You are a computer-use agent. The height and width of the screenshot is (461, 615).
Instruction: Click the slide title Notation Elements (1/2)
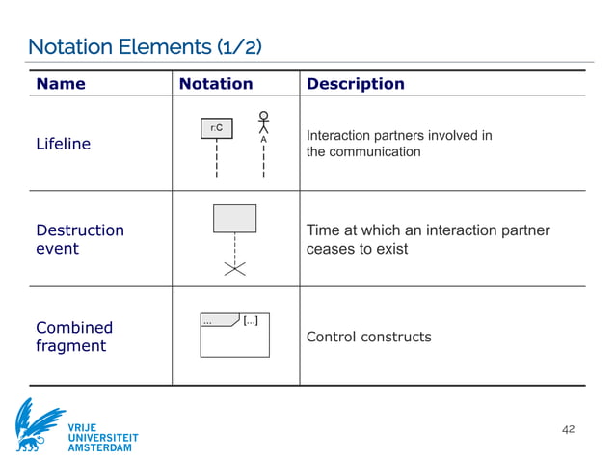(145, 46)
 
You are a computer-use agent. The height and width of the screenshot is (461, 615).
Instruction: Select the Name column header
(61, 84)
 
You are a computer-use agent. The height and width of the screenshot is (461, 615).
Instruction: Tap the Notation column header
(216, 84)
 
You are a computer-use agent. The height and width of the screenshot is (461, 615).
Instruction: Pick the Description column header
(355, 84)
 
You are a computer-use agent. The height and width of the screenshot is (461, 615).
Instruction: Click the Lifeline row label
(63, 144)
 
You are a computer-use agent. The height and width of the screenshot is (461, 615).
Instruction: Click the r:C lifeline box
(217, 128)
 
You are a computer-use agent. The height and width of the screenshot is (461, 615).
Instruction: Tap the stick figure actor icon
(263, 122)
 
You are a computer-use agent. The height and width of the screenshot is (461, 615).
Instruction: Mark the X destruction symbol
(234, 269)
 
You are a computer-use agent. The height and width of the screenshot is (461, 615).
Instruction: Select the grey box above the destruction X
(234, 218)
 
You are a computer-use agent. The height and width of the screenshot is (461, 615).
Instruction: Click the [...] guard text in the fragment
(251, 320)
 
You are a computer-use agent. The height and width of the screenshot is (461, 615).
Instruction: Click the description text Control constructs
(368, 337)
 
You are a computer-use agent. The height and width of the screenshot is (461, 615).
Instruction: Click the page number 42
(568, 428)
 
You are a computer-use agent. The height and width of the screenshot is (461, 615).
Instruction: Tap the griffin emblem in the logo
(39, 425)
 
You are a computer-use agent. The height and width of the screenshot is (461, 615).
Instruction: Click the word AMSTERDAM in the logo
(102, 448)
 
